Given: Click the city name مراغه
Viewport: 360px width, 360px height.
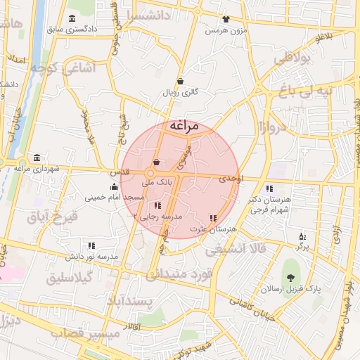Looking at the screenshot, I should click(x=184, y=126).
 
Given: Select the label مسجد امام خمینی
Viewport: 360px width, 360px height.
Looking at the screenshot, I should click(x=115, y=198).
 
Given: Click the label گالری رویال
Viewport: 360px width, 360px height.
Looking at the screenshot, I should click(x=181, y=92).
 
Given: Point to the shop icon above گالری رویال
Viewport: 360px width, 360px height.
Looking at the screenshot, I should click(x=181, y=81).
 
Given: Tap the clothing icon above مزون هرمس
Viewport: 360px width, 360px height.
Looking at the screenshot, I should click(x=225, y=20).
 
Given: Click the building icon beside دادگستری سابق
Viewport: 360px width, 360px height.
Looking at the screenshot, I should click(x=72, y=18).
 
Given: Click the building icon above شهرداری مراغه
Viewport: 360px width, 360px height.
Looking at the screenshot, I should click(x=37, y=157).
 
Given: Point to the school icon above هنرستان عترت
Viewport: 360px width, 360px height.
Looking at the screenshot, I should click(x=213, y=218).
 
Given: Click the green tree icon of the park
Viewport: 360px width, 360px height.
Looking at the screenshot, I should click(x=290, y=273).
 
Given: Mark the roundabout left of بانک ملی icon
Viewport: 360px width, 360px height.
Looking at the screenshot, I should click(x=150, y=173).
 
